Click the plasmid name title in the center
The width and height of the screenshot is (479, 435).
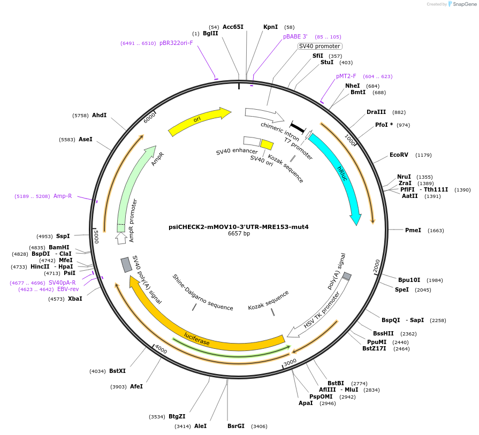(x=239, y=227)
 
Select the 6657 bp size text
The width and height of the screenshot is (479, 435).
(x=239, y=234)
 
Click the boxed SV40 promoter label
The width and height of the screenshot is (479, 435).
(x=320, y=47)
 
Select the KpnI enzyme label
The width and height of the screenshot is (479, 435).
(x=271, y=27)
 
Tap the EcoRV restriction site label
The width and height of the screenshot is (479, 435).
(x=399, y=155)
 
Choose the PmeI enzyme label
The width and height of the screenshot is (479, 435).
(x=413, y=231)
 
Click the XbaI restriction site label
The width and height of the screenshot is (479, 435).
(x=75, y=299)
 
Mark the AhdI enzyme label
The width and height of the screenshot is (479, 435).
(x=99, y=115)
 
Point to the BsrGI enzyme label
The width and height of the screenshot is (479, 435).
(x=235, y=426)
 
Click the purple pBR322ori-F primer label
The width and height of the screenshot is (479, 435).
(x=176, y=43)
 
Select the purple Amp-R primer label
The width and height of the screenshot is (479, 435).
(x=63, y=196)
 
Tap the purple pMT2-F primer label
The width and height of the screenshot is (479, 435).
(x=346, y=77)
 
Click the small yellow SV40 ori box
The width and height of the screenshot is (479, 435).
(x=267, y=144)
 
